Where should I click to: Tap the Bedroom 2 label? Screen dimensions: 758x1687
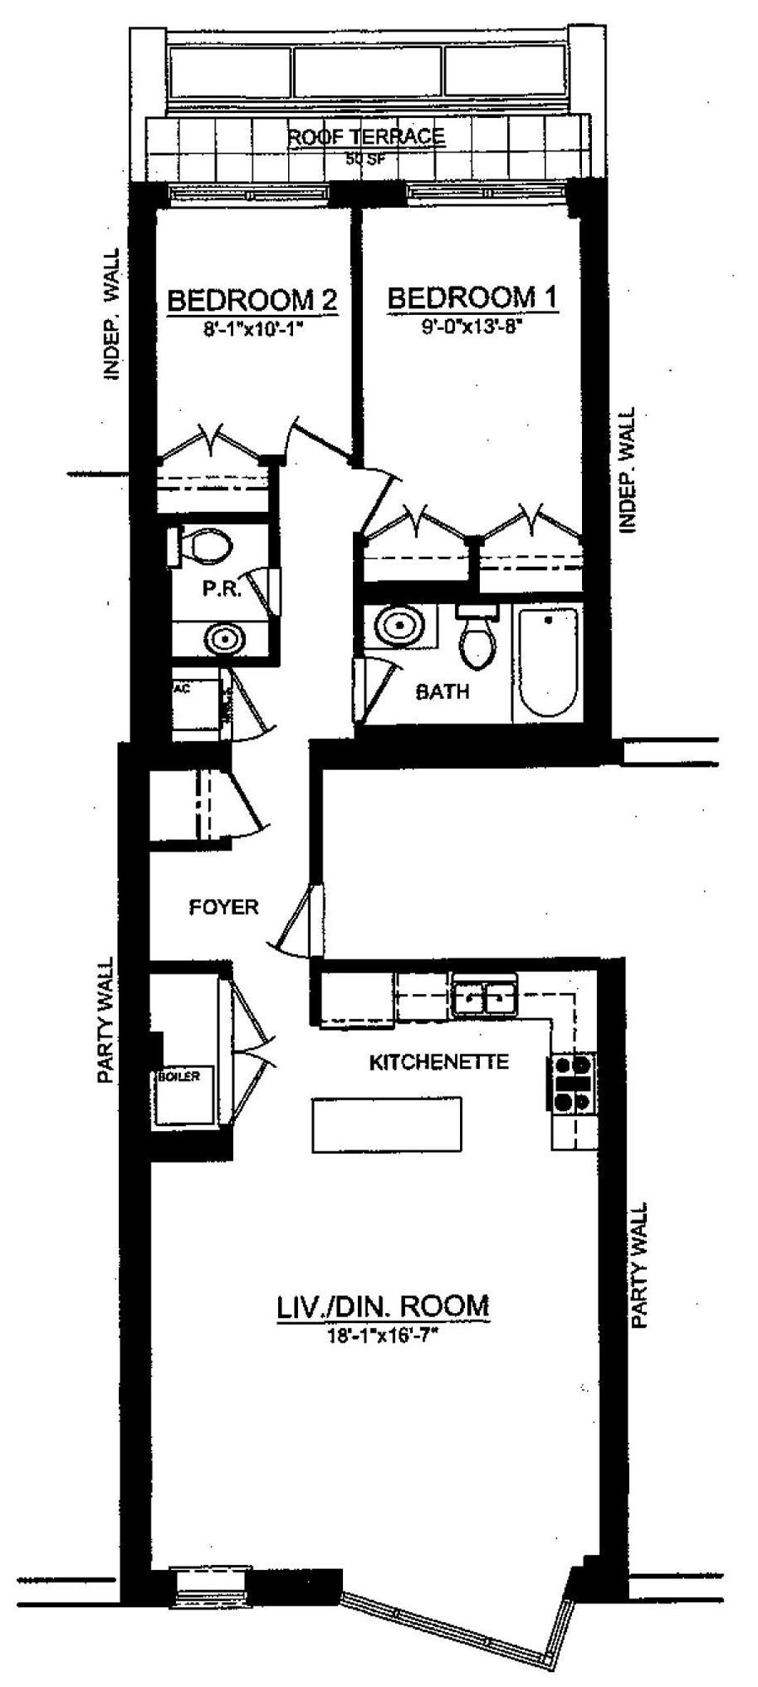tap(253, 299)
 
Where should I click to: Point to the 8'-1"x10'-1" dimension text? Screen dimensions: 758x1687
tap(253, 329)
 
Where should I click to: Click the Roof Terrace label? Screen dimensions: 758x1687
tap(366, 136)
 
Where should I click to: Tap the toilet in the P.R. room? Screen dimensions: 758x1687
tap(206, 545)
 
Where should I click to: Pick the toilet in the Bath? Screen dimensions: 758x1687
tap(478, 640)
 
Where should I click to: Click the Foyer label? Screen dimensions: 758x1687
tap(223, 907)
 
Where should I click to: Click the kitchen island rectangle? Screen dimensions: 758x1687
tap(387, 1124)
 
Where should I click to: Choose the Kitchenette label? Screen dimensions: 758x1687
tap(439, 1061)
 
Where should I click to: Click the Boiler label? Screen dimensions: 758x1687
tap(179, 1076)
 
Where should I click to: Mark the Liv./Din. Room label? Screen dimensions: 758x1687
tap(382, 1306)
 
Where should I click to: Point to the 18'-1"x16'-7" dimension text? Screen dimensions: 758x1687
tap(383, 1335)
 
